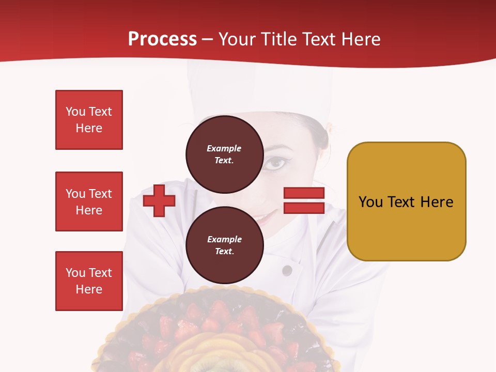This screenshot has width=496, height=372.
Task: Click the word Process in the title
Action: [162, 39]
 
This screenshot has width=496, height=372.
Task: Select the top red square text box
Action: [89, 120]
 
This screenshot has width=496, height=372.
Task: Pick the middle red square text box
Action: [89, 202]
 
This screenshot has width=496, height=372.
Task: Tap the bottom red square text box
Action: [89, 281]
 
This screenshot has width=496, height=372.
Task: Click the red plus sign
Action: [159, 201]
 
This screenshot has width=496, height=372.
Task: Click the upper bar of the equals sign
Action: [304, 193]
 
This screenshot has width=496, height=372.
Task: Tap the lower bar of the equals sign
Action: [304, 208]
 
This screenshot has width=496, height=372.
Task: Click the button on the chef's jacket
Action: [287, 270]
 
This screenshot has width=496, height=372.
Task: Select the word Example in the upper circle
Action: [224, 148]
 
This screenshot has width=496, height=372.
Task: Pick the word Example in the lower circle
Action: [224, 239]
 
